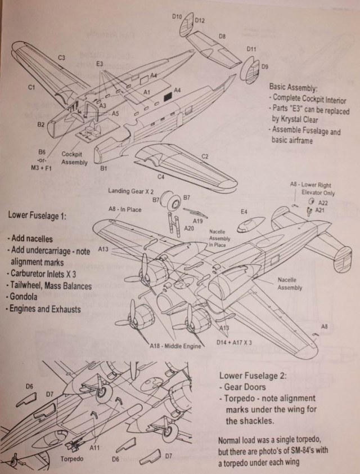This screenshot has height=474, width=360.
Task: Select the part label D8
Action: [223, 37]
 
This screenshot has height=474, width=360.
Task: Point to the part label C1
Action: [33, 87]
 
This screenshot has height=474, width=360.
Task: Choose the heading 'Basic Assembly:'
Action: [297, 88]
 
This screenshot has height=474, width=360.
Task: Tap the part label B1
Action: [103, 168]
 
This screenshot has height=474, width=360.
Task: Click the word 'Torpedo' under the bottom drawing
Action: [71, 459]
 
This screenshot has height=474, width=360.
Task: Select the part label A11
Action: [94, 448]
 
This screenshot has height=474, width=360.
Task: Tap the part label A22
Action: [323, 202]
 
